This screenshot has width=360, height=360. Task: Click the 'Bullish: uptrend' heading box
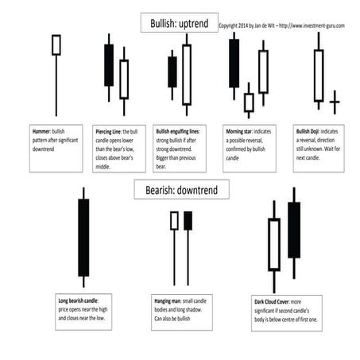(x=178, y=24)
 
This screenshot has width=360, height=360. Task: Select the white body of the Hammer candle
(x=56, y=45)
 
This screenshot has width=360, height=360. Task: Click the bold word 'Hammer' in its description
(x=42, y=130)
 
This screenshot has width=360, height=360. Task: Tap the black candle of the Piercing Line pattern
(x=109, y=65)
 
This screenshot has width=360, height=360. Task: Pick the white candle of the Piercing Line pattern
(x=124, y=79)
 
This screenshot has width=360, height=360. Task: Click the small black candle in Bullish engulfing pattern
(x=172, y=72)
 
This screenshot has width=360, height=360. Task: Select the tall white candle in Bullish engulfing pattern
(x=187, y=74)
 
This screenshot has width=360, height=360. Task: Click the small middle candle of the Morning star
(x=249, y=102)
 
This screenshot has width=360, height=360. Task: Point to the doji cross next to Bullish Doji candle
(x=335, y=102)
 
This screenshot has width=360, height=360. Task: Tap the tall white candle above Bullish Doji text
(x=319, y=75)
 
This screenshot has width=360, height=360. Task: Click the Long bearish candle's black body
(x=83, y=237)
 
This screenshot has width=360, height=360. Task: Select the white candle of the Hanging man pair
(x=174, y=221)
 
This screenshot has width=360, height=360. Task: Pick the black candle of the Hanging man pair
(x=188, y=221)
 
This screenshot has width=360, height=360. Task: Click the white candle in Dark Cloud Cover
(x=274, y=244)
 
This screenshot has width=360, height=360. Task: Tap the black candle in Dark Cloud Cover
(x=294, y=230)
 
